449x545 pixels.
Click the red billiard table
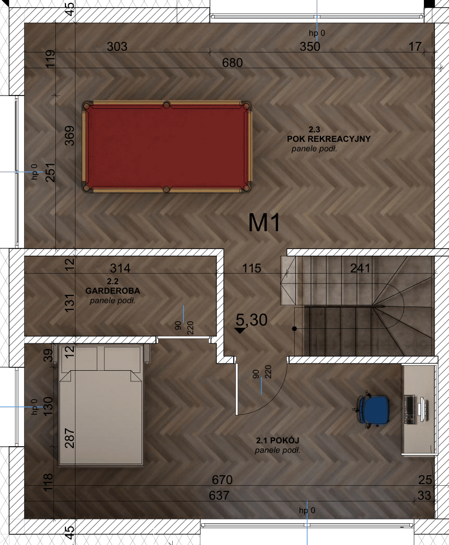(167, 147)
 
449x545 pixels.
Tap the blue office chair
(372, 409)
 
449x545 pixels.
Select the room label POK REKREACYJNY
(329, 138)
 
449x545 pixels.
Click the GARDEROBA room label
(112, 290)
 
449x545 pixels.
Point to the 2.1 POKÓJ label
(277, 441)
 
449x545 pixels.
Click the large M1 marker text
(264, 223)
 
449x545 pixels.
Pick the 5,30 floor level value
(252, 320)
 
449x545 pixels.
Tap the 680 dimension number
(232, 63)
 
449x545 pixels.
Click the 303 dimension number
(117, 46)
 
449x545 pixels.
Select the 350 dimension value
(310, 46)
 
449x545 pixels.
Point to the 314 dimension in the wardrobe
(120, 268)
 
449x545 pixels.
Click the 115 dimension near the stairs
(251, 268)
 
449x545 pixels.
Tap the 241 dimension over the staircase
(360, 268)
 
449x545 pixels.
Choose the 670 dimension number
(222, 480)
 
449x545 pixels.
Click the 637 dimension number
(219, 495)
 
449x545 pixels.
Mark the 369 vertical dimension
(69, 136)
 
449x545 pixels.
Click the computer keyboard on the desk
(410, 409)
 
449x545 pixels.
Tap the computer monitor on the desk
(423, 409)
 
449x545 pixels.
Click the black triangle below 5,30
(239, 331)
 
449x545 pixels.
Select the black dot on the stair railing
(295, 328)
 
